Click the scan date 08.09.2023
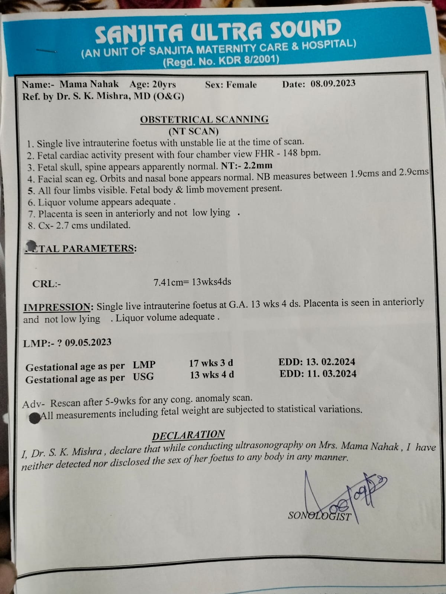(333, 84)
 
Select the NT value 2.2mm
(261, 165)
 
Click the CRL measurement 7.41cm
(169, 283)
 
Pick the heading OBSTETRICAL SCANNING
(204, 120)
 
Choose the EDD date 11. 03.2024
(331, 373)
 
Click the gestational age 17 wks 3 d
(211, 363)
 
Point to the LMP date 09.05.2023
(88, 342)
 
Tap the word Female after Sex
(242, 85)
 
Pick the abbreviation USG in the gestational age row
(143, 377)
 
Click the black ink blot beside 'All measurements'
(35, 417)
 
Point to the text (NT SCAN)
(194, 131)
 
